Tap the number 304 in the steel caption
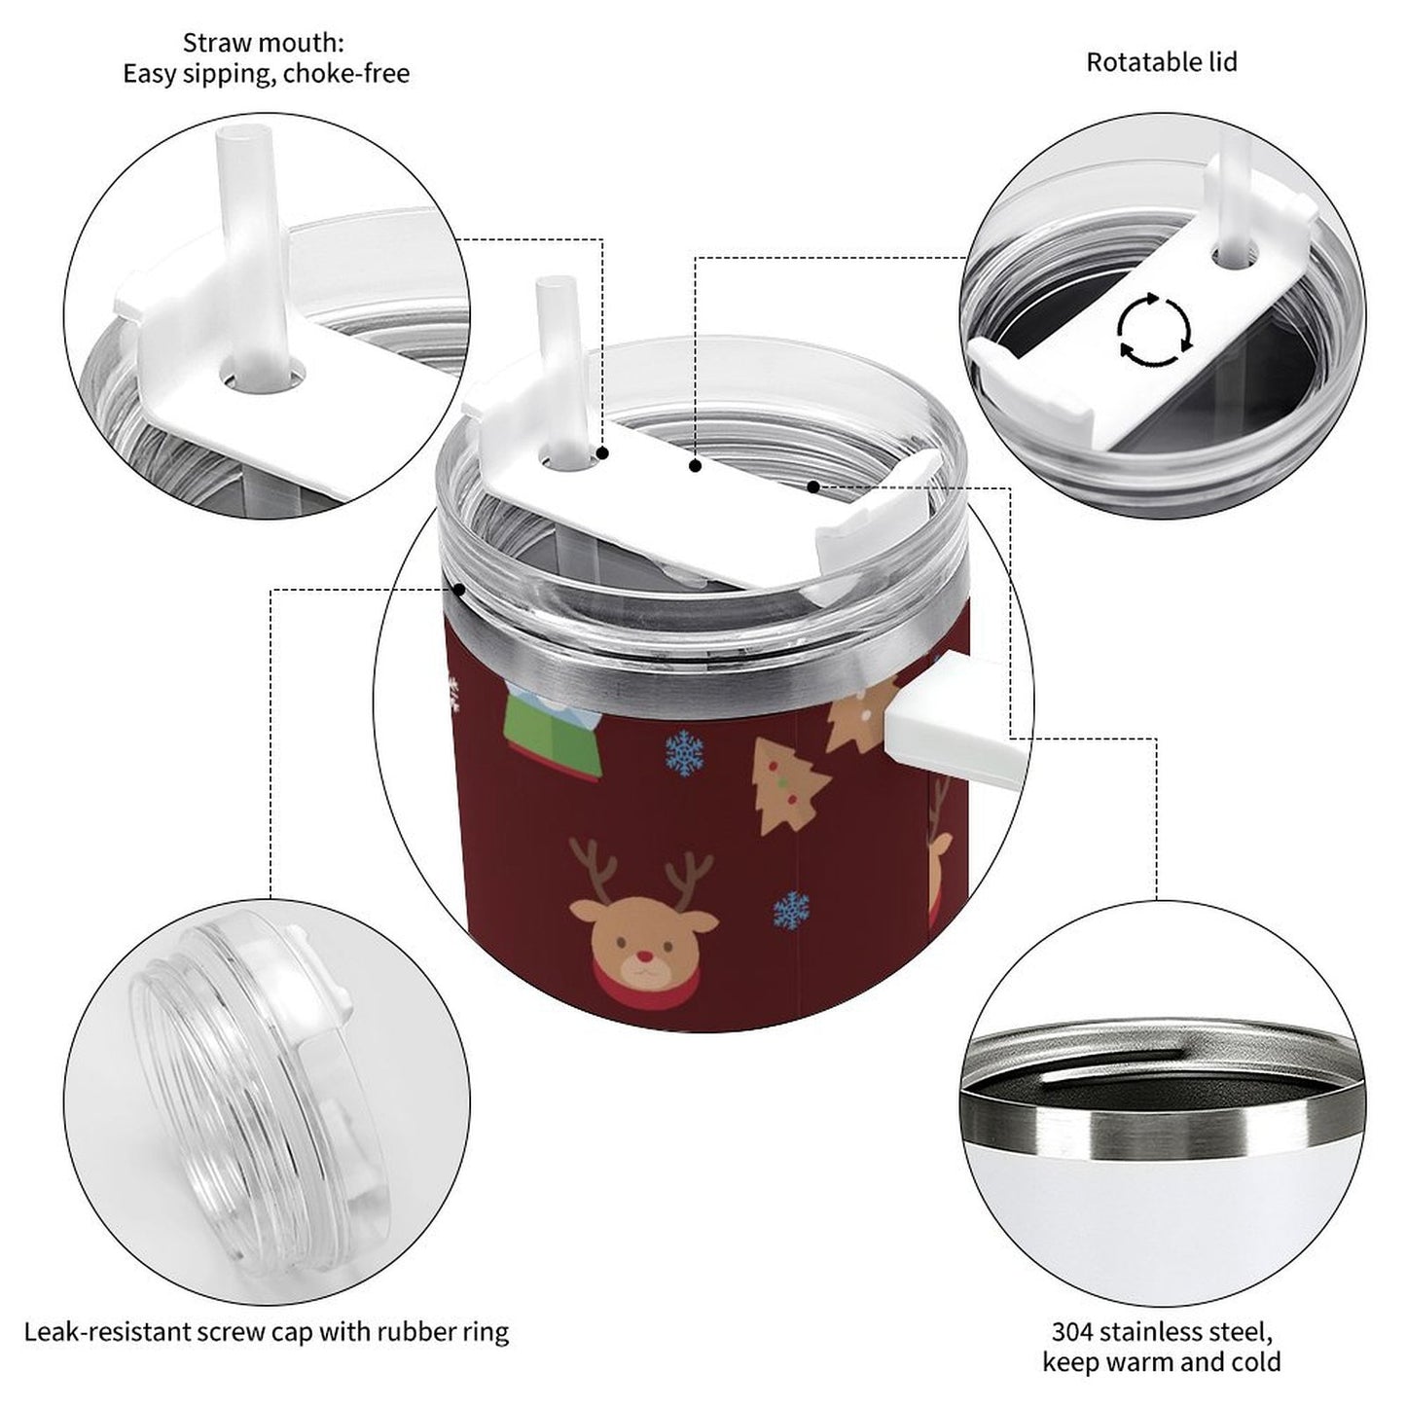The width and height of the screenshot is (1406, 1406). [1073, 1312]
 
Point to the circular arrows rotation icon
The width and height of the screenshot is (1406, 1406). [1155, 328]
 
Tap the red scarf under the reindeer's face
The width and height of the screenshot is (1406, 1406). [643, 987]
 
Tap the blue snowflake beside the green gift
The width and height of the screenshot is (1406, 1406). [684, 752]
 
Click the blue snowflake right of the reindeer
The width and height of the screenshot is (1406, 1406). [791, 911]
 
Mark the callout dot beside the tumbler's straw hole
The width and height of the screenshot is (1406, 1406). [602, 453]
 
